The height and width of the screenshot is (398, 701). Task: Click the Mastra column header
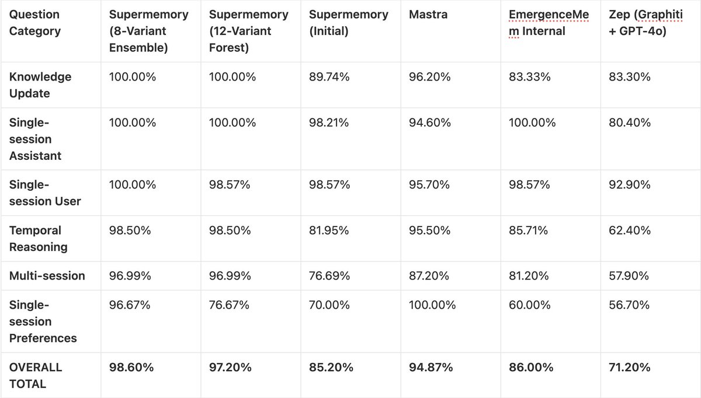pyautogui.click(x=428, y=15)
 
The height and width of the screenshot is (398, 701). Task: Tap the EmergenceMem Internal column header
pyautogui.click(x=545, y=23)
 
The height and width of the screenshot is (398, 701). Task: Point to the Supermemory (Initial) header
pyautogui.click(x=349, y=23)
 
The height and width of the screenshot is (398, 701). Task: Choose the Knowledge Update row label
pyautogui.click(x=40, y=85)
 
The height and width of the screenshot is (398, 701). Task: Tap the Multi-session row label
pyautogui.click(x=47, y=275)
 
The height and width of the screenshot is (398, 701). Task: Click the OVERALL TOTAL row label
pyautogui.click(x=36, y=375)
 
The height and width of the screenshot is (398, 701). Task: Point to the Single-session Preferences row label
pyautogui.click(x=43, y=322)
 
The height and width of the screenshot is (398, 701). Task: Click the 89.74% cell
pyautogui.click(x=329, y=77)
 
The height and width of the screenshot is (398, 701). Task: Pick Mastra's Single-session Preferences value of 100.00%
pyautogui.click(x=432, y=305)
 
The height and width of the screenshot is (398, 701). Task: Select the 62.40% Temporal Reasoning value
pyautogui.click(x=630, y=231)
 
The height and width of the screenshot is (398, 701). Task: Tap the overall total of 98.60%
pyautogui.click(x=131, y=367)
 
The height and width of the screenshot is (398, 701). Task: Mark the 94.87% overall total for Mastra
pyautogui.click(x=431, y=367)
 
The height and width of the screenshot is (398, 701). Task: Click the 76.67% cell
pyautogui.click(x=230, y=305)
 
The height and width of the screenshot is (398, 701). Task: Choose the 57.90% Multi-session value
pyautogui.click(x=629, y=275)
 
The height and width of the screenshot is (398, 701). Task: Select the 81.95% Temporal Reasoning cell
pyautogui.click(x=329, y=231)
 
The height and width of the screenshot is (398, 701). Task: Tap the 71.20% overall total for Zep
pyautogui.click(x=630, y=367)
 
